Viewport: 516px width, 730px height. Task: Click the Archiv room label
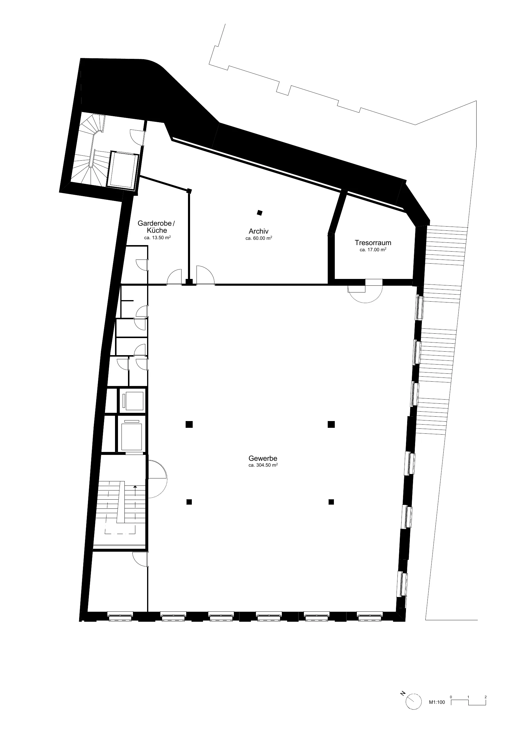(x=259, y=232)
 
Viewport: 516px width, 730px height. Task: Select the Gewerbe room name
(x=263, y=458)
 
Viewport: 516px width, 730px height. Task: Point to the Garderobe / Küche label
(x=156, y=227)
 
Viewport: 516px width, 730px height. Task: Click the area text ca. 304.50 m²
(x=263, y=465)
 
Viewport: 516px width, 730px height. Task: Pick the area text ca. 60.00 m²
(x=259, y=238)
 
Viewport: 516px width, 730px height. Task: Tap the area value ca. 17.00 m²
(x=373, y=250)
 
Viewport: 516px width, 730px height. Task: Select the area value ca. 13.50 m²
(x=157, y=237)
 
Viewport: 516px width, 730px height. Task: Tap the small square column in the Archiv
(x=260, y=213)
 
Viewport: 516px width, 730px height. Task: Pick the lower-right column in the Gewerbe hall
(x=331, y=502)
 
